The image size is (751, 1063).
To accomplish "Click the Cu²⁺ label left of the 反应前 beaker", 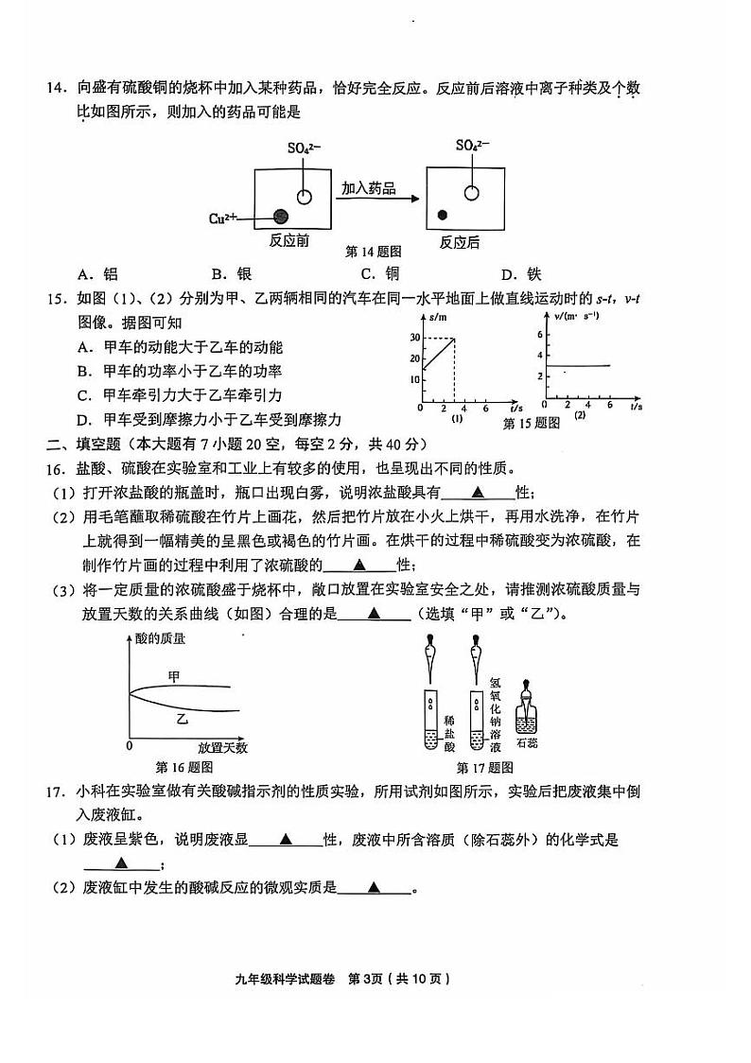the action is [223, 218].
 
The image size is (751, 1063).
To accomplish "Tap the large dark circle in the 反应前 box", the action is [281, 217].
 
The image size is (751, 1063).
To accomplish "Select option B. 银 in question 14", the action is [233, 274].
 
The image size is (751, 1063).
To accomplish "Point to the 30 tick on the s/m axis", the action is [414, 338].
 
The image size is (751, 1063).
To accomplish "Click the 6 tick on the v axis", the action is [540, 335].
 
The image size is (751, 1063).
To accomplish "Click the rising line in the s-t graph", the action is [439, 354].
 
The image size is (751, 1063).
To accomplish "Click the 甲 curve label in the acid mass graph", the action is [173, 675].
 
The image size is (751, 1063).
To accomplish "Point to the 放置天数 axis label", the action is [222, 747].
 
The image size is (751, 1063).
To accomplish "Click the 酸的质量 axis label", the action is [160, 638].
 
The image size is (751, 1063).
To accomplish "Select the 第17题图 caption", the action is [484, 767].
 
